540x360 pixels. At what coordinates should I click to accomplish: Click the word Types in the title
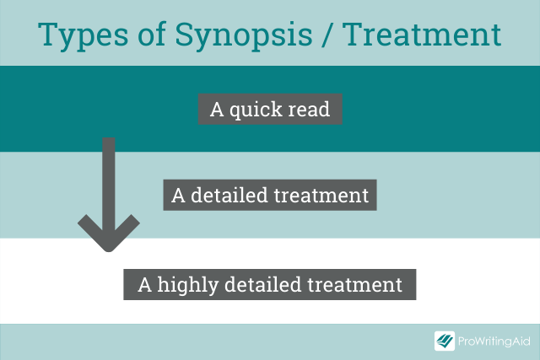83,35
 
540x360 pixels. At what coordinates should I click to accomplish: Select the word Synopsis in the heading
244,35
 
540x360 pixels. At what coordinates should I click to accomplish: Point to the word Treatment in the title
422,34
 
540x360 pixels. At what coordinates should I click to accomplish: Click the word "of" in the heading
152,34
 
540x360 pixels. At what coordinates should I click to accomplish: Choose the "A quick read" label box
270,109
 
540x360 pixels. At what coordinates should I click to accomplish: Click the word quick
256,110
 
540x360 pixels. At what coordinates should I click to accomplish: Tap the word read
309,109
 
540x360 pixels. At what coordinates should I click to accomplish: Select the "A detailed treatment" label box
270,195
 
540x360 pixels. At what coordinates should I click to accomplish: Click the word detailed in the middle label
229,195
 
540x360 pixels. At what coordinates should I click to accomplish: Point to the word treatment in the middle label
321,196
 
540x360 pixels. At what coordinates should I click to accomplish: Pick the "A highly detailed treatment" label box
270,284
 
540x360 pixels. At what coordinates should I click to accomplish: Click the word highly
188,286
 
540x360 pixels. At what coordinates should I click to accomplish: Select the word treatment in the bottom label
354,285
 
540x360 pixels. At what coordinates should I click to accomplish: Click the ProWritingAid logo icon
445,341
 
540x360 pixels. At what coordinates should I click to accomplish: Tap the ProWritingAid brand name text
494,341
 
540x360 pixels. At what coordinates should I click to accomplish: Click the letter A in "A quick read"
217,110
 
